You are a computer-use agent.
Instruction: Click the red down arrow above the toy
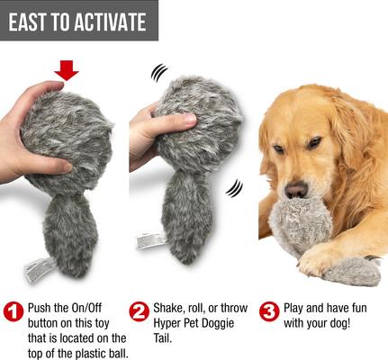68,69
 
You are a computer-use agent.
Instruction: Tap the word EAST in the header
33,22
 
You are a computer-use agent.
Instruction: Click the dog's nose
296,190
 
